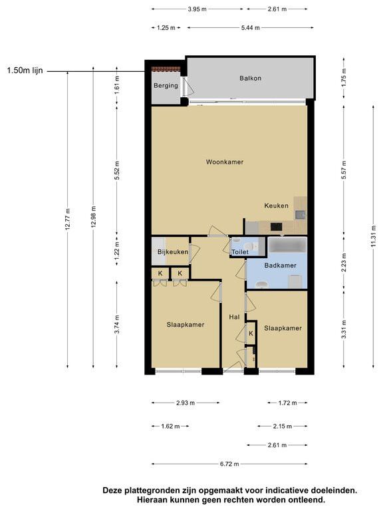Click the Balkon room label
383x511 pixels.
click(x=250, y=79)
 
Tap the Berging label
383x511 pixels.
click(x=166, y=86)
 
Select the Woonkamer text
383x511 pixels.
click(x=225, y=162)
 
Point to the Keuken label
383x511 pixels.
click(x=276, y=206)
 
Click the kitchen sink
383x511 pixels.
click(x=300, y=215)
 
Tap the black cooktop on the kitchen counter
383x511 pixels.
click(x=276, y=226)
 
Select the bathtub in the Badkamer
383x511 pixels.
click(x=287, y=245)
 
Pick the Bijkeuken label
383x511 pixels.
click(x=173, y=252)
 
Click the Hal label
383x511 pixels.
click(x=234, y=317)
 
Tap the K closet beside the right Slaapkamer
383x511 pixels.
click(x=251, y=333)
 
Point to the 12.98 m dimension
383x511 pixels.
click(x=94, y=217)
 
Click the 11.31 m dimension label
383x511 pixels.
click(x=373, y=236)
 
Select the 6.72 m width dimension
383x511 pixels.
click(x=229, y=464)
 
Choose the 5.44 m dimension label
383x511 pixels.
click(x=251, y=28)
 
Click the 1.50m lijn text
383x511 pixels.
click(x=25, y=71)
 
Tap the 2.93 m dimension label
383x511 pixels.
click(x=186, y=403)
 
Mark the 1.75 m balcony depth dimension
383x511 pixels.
click(x=344, y=78)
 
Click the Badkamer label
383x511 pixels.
click(x=281, y=265)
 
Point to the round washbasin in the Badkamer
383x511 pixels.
click(x=261, y=284)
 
